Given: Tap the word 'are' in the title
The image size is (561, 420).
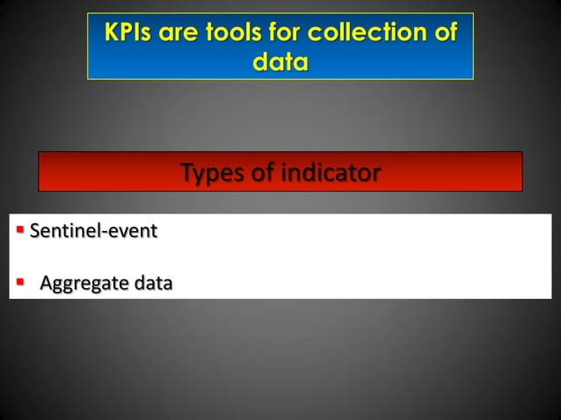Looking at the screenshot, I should click(x=183, y=34).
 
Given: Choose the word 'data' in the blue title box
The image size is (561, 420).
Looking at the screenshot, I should click(x=280, y=63).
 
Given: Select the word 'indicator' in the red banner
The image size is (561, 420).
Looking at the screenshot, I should click(x=330, y=173).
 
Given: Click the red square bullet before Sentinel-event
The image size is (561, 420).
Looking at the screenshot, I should click(x=20, y=232).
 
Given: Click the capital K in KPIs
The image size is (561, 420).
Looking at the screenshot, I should click(x=112, y=34).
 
